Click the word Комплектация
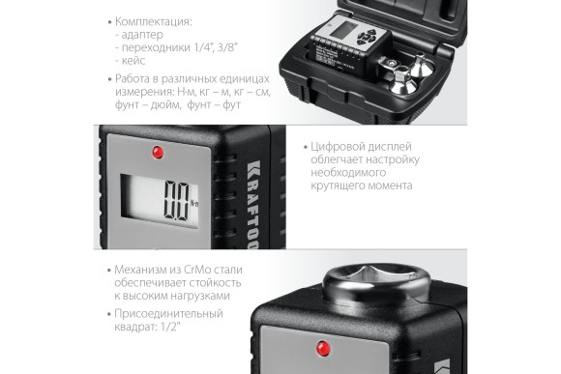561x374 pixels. tap(155, 19)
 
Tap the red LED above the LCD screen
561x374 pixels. tap(156, 153)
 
